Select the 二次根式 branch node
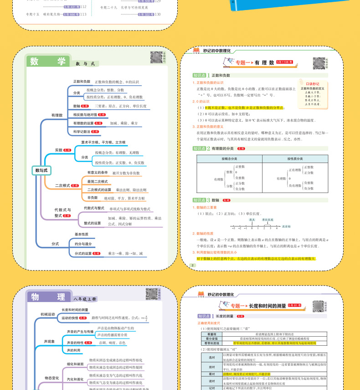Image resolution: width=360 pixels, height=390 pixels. [x=62, y=186]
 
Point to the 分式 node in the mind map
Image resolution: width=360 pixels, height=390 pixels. [x=55, y=244]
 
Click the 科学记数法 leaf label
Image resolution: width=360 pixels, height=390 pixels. [x=82, y=132]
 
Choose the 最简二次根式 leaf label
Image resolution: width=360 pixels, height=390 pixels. [x=98, y=182]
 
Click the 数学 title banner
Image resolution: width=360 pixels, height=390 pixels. [x=48, y=62]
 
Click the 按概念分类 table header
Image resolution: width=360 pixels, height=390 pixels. [x=229, y=159]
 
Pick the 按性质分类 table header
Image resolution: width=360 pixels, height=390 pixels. [x=294, y=159]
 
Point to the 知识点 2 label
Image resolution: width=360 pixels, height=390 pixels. [x=201, y=149]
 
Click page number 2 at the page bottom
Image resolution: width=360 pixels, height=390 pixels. [x=193, y=265]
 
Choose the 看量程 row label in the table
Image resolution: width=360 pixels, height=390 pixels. [x=212, y=334]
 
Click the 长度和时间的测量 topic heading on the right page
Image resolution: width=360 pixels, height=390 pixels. [x=267, y=307]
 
